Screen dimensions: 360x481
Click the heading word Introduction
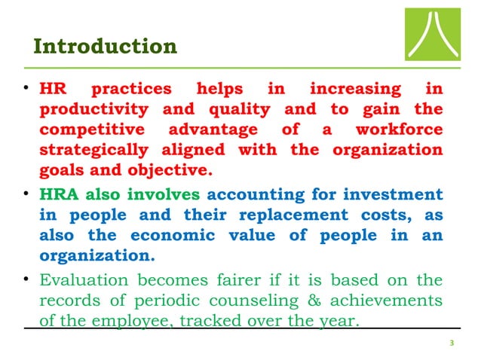106,47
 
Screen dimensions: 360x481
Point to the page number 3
451,343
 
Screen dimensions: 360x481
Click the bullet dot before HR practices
26,91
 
